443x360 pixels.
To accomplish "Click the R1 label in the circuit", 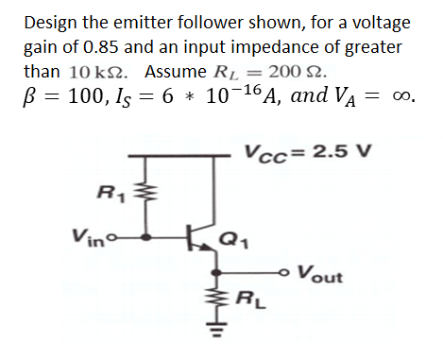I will click(x=105, y=196).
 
